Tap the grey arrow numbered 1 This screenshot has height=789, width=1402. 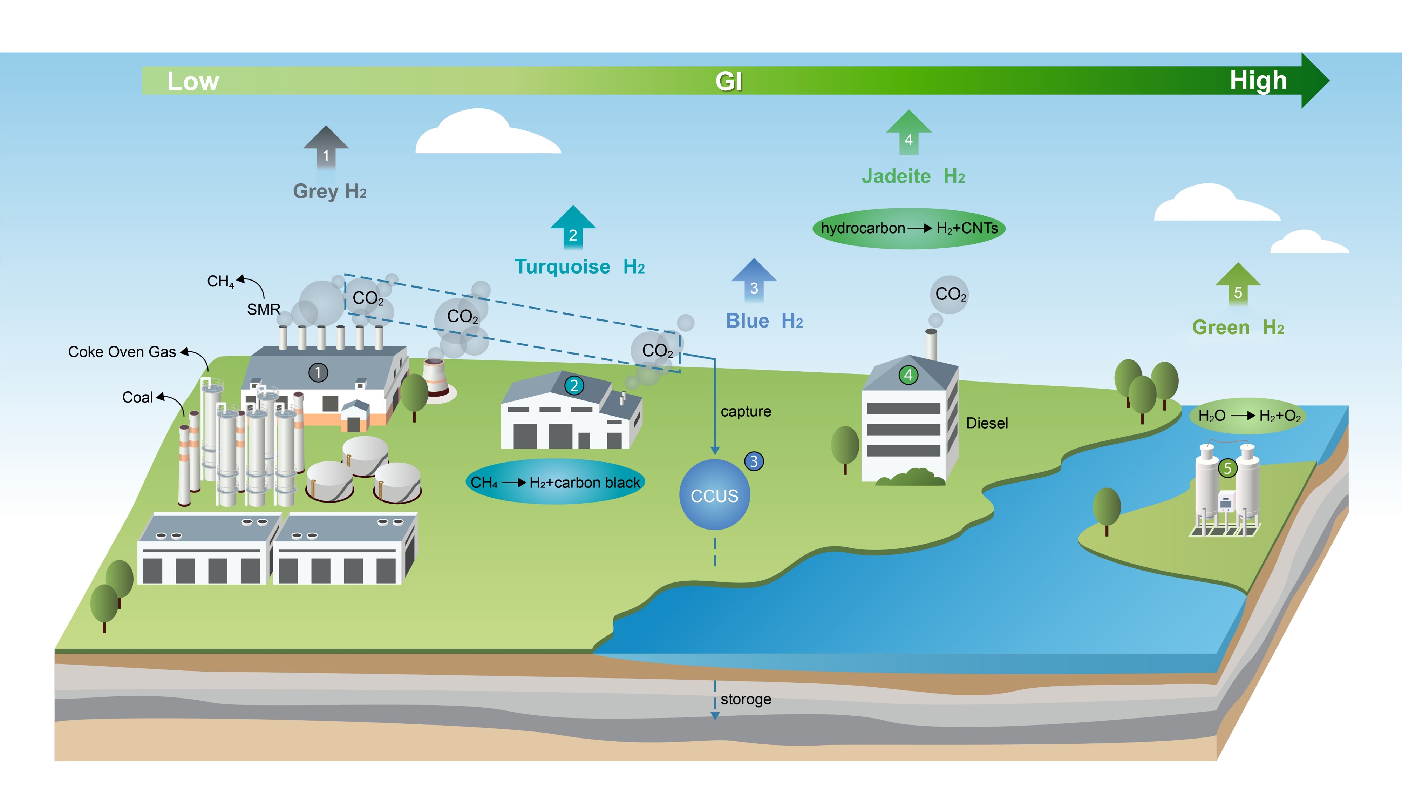pos(326,149)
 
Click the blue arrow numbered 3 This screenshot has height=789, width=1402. pos(754,282)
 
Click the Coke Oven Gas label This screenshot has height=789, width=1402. pos(122,352)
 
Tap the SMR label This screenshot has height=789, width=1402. pos(264,309)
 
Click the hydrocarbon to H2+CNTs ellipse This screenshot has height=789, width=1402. pos(908,228)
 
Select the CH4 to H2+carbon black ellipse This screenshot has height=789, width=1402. pos(555,482)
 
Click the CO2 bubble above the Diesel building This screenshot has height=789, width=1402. pos(950,294)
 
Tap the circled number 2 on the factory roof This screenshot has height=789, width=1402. pos(574,385)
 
